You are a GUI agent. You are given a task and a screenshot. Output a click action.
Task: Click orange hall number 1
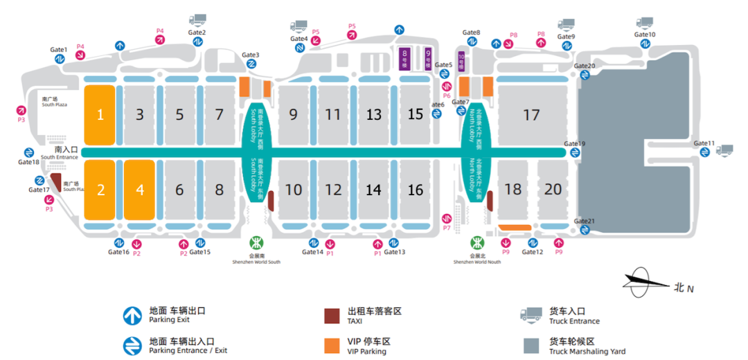pyautogui.click(x=100, y=115)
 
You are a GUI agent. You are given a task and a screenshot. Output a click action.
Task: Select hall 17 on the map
pyautogui.click(x=531, y=115)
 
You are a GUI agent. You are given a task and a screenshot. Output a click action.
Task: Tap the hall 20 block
pyautogui.click(x=553, y=188)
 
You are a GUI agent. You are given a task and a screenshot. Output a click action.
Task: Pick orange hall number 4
pyautogui.click(x=141, y=189)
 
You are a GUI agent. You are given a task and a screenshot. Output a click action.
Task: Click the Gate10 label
pyautogui.click(x=645, y=35)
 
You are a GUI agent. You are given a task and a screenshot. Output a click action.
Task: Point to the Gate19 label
pyautogui.click(x=574, y=144)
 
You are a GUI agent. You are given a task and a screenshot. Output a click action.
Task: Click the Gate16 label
pyautogui.click(x=118, y=252)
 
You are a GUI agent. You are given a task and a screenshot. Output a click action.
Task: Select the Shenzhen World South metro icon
pyautogui.click(x=256, y=243)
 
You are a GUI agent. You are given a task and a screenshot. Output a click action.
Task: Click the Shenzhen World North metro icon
pyautogui.click(x=478, y=243)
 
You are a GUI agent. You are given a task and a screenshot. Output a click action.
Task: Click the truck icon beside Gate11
pyautogui.click(x=725, y=150)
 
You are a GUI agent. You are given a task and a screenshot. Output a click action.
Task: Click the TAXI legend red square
pyautogui.click(x=332, y=316)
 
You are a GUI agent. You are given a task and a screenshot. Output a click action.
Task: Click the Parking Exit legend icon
pyautogui.click(x=132, y=316)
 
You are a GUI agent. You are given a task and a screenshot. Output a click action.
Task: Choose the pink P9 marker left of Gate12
pyautogui.click(x=506, y=243)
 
